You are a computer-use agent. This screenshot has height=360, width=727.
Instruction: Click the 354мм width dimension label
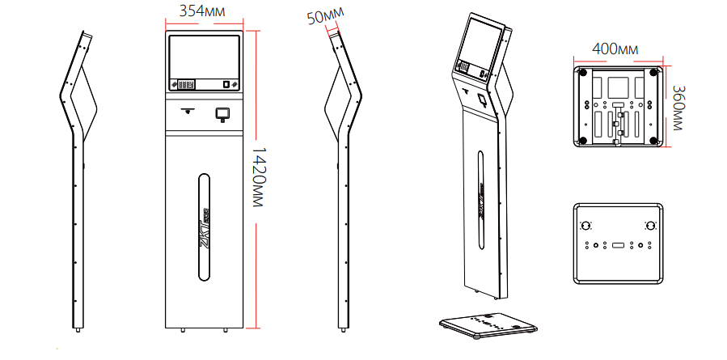[202, 11]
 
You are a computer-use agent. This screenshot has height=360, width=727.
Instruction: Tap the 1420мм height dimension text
[256, 177]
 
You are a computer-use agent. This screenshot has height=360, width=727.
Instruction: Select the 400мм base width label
[615, 49]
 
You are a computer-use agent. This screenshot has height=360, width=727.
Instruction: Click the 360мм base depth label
[677, 108]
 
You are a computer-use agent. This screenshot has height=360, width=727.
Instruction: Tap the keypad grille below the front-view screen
[186, 85]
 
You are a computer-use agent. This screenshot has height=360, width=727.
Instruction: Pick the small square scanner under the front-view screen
[222, 114]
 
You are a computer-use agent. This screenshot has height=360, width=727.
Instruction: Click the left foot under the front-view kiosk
[183, 330]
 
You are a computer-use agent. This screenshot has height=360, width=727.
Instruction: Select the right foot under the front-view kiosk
[226, 330]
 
